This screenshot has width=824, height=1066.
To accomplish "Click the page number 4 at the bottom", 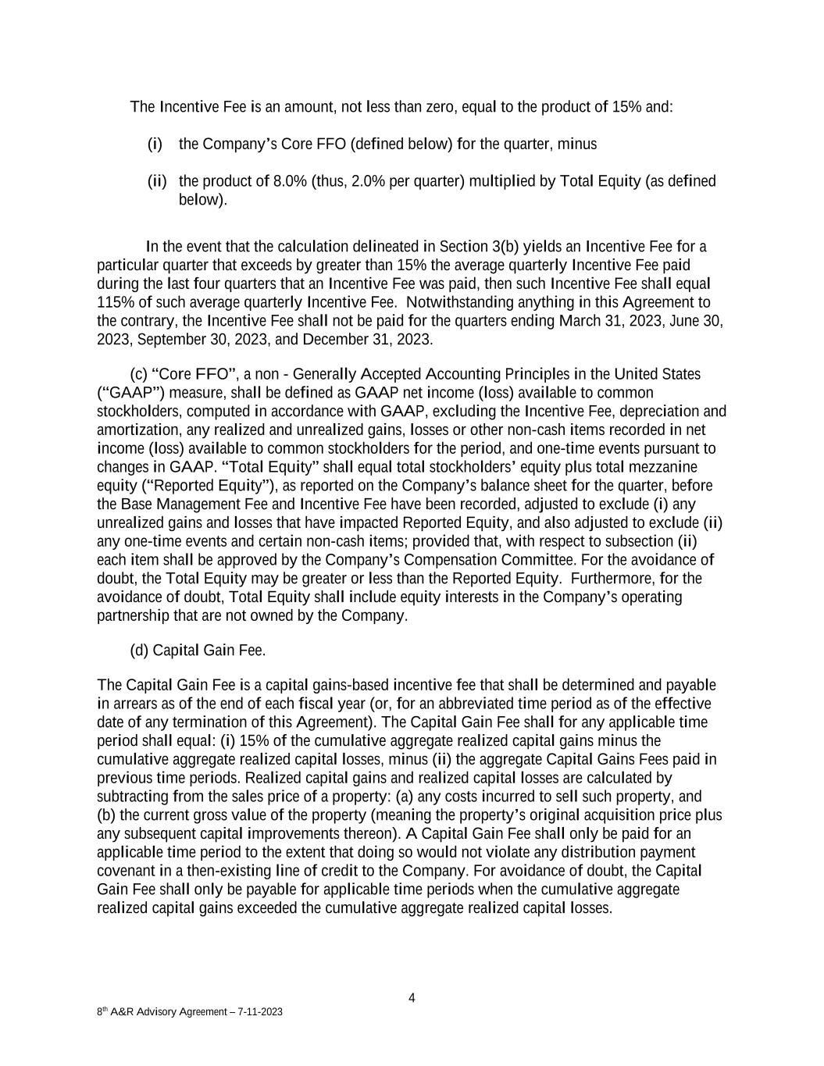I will click(x=412, y=997).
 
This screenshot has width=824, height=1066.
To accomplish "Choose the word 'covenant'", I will click(x=126, y=872).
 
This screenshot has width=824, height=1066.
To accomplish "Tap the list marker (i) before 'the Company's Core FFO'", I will click(x=155, y=144).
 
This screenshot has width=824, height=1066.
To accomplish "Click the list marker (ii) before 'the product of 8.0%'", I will click(x=157, y=182).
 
